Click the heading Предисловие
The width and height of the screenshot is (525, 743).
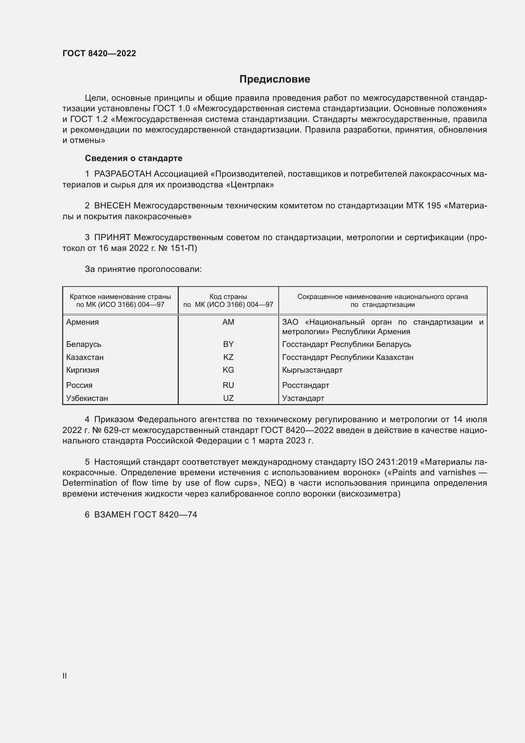pos(275,79)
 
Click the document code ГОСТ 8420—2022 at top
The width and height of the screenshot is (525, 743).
pos(99,53)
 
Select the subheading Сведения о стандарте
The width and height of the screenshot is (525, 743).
pos(134,158)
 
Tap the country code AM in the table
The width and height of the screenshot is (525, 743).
pos(228,322)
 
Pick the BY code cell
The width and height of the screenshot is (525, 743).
pos(228,344)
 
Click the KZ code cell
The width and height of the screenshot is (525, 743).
pos(228,357)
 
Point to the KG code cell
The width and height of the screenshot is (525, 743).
pos(228,370)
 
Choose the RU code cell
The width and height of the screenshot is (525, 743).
pos(228,385)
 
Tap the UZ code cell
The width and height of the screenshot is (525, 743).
pos(228,398)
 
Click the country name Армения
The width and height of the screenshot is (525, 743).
pos(83,322)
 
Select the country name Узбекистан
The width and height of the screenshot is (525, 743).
pos(87,398)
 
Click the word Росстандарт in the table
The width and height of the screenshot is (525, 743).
pos(305,385)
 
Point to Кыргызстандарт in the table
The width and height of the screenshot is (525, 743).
pos(312,370)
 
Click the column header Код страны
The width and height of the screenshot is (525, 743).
pos(228,297)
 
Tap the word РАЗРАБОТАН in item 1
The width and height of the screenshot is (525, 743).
pos(123,174)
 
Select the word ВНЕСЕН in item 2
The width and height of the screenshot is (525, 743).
pos(112,206)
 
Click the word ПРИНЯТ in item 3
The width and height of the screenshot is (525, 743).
pos(112,238)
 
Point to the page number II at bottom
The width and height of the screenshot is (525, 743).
pos(65,676)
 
